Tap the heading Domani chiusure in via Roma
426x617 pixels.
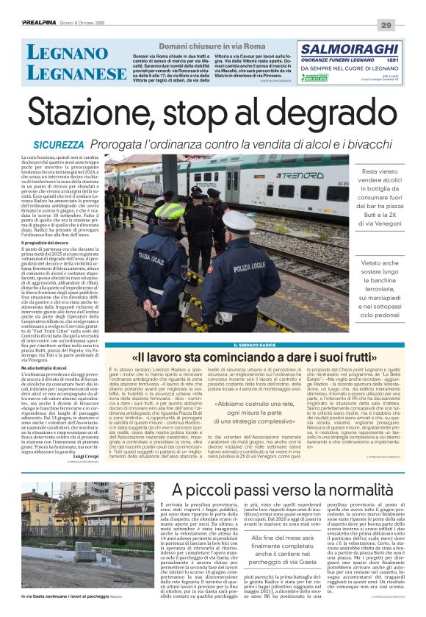tap(193, 46)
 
